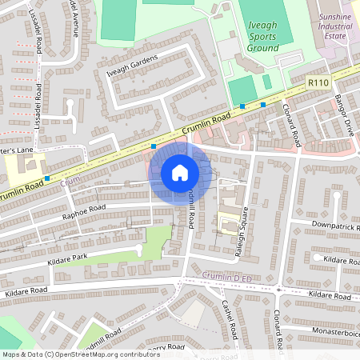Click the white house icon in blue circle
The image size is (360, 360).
(179, 172)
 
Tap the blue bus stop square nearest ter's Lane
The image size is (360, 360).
(47, 178)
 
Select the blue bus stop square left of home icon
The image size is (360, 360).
(153, 146)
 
